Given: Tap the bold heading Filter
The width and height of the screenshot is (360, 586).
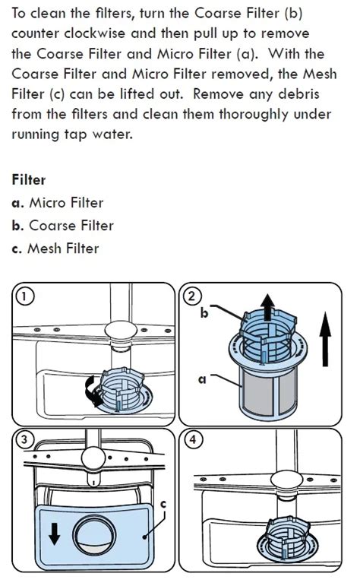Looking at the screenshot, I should [29, 180].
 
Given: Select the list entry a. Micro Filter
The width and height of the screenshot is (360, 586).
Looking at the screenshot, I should [57, 203].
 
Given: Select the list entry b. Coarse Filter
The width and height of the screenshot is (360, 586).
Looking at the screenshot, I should [63, 226].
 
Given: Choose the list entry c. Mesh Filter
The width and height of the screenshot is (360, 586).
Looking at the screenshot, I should [55, 249].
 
